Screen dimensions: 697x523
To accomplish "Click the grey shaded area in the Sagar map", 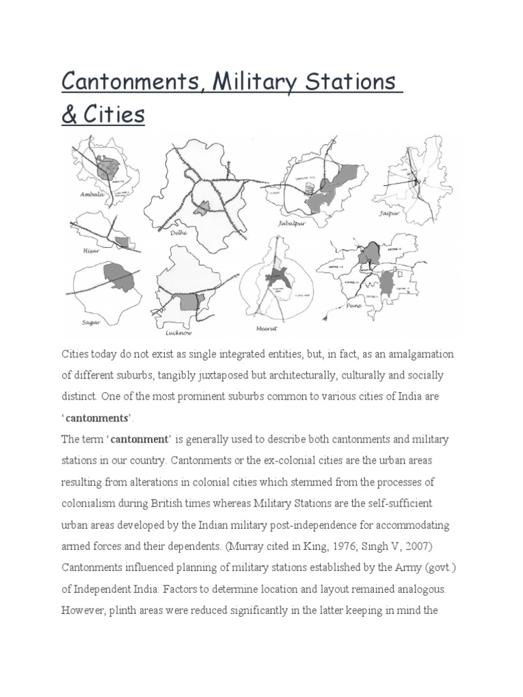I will (x=120, y=279).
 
